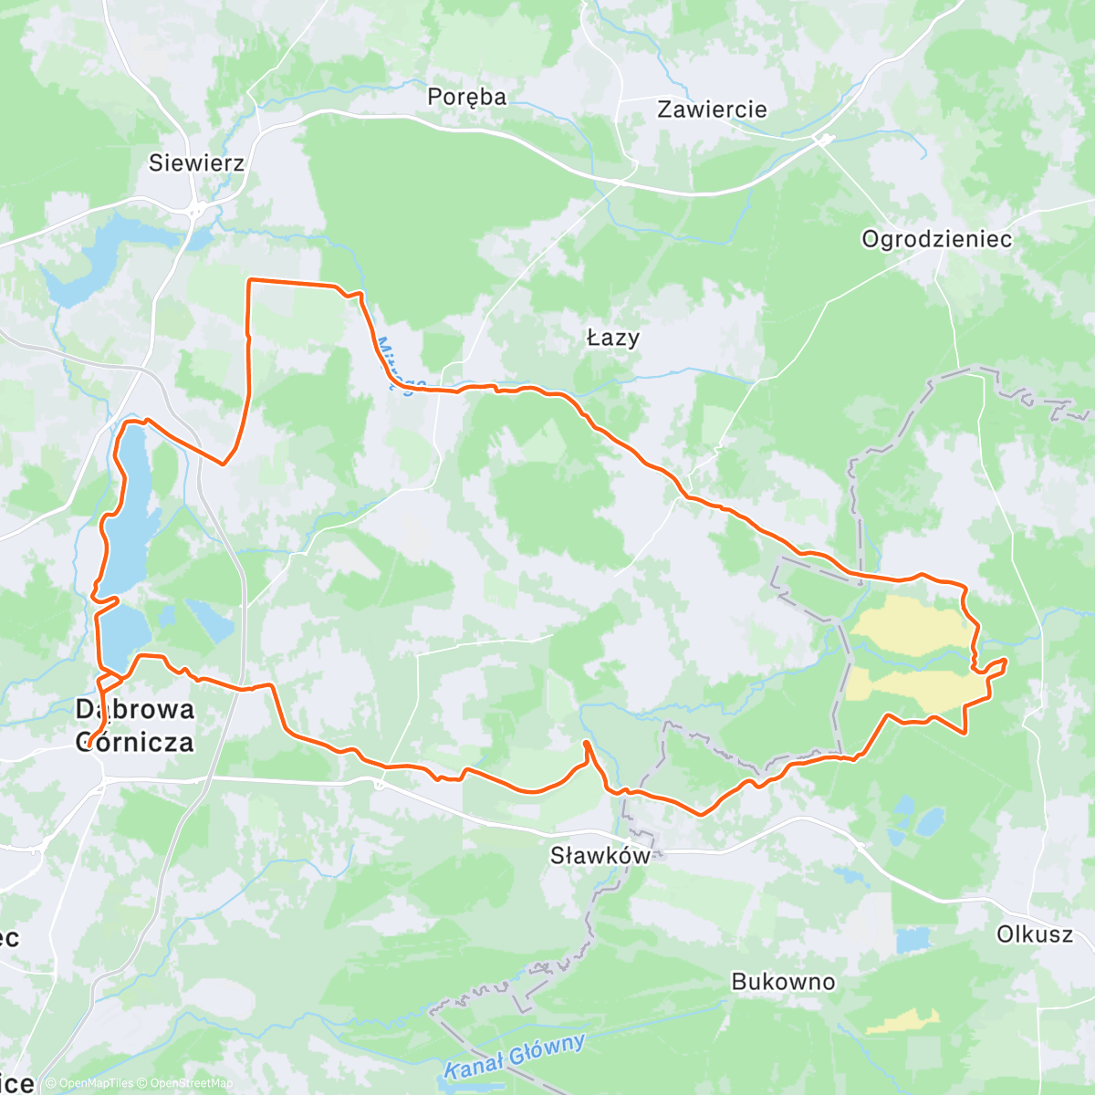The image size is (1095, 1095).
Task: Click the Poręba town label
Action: (x=466, y=97)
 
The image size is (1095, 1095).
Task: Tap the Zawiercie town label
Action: (x=712, y=109)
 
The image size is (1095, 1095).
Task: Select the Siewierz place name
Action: (x=196, y=163)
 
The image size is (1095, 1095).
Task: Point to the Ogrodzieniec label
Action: (x=936, y=239)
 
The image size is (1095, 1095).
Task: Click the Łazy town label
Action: (x=612, y=338)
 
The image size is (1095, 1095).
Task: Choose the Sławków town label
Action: (x=600, y=855)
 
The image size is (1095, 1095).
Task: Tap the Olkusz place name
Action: (x=1035, y=934)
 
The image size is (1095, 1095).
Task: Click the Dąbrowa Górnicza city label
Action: (x=135, y=725)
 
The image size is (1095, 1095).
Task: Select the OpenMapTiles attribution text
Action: (x=96, y=1083)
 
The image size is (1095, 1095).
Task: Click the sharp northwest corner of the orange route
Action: (x=250, y=281)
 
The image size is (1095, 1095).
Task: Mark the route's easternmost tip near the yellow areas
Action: (x=1006, y=660)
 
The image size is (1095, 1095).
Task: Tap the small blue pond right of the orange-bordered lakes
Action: (x=210, y=620)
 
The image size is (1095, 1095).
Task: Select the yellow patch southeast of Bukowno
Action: (x=903, y=1022)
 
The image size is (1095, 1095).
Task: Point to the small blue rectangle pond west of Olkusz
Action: (x=912, y=939)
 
